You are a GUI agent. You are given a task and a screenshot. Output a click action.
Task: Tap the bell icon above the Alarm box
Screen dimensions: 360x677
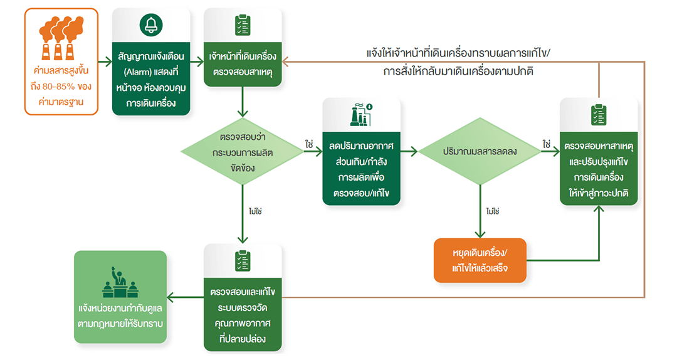click(151, 25)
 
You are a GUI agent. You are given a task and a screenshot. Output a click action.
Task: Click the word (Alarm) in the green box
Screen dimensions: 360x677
click(134, 71)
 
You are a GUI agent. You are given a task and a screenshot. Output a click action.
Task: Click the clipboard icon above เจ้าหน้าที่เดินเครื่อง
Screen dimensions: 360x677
click(242, 25)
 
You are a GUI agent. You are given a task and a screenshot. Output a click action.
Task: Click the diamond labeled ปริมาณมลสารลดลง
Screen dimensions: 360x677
click(479, 151)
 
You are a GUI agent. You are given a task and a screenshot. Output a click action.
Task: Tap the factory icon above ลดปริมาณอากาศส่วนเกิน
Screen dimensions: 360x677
click(360, 115)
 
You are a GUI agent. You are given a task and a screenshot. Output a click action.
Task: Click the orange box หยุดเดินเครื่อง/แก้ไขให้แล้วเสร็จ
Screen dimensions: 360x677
click(480, 260)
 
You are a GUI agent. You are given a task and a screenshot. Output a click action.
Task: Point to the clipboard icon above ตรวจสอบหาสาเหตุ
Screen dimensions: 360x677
click(599, 114)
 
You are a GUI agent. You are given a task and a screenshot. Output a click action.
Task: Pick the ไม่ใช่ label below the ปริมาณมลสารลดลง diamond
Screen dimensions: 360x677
click(492, 211)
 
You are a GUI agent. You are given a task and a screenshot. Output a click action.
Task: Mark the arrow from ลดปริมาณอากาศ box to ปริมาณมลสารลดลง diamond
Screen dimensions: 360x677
click(408, 151)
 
